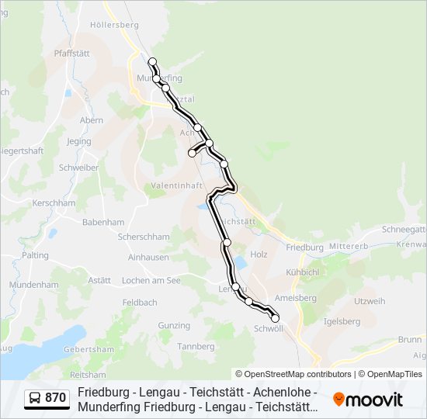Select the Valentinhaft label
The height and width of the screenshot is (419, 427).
coord(177,186)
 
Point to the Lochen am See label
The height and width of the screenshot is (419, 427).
coord(152,281)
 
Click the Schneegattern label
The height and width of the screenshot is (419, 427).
coord(404,230)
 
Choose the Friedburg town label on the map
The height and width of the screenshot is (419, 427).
coord(304,248)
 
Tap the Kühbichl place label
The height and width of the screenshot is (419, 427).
coord(302,273)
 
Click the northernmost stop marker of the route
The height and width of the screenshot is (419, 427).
coord(152,61)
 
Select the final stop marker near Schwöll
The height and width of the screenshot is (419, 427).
coord(275,318)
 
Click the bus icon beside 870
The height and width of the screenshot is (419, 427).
coord(35,399)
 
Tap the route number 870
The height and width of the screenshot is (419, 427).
coord(56,399)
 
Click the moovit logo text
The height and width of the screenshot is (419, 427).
coord(375,400)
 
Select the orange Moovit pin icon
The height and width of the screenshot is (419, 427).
coord(338,400)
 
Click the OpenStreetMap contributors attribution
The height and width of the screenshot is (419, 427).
coord(293,374)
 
